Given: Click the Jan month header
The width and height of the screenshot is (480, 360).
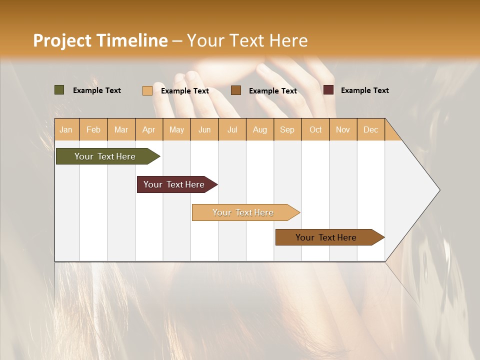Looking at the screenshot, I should [66, 130].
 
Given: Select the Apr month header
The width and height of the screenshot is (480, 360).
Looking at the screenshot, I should [148, 130].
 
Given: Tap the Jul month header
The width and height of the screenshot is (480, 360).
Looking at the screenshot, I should [232, 130].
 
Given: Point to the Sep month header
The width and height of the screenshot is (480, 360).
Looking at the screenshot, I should [287, 130].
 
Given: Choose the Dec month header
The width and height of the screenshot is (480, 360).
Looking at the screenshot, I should [370, 130].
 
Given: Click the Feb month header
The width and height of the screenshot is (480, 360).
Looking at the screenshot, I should [93, 130].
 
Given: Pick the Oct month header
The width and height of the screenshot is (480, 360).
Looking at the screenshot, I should [315, 130].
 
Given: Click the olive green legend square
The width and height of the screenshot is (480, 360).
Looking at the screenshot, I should [59, 90].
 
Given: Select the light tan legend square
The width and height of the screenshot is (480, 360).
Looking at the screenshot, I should [147, 90].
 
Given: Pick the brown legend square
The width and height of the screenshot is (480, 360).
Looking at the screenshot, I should [236, 90].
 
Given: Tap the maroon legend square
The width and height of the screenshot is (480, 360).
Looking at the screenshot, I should [328, 90].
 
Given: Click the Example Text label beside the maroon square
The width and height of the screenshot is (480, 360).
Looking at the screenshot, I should [364, 90].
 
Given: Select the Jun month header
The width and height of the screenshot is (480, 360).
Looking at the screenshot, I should [204, 130].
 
